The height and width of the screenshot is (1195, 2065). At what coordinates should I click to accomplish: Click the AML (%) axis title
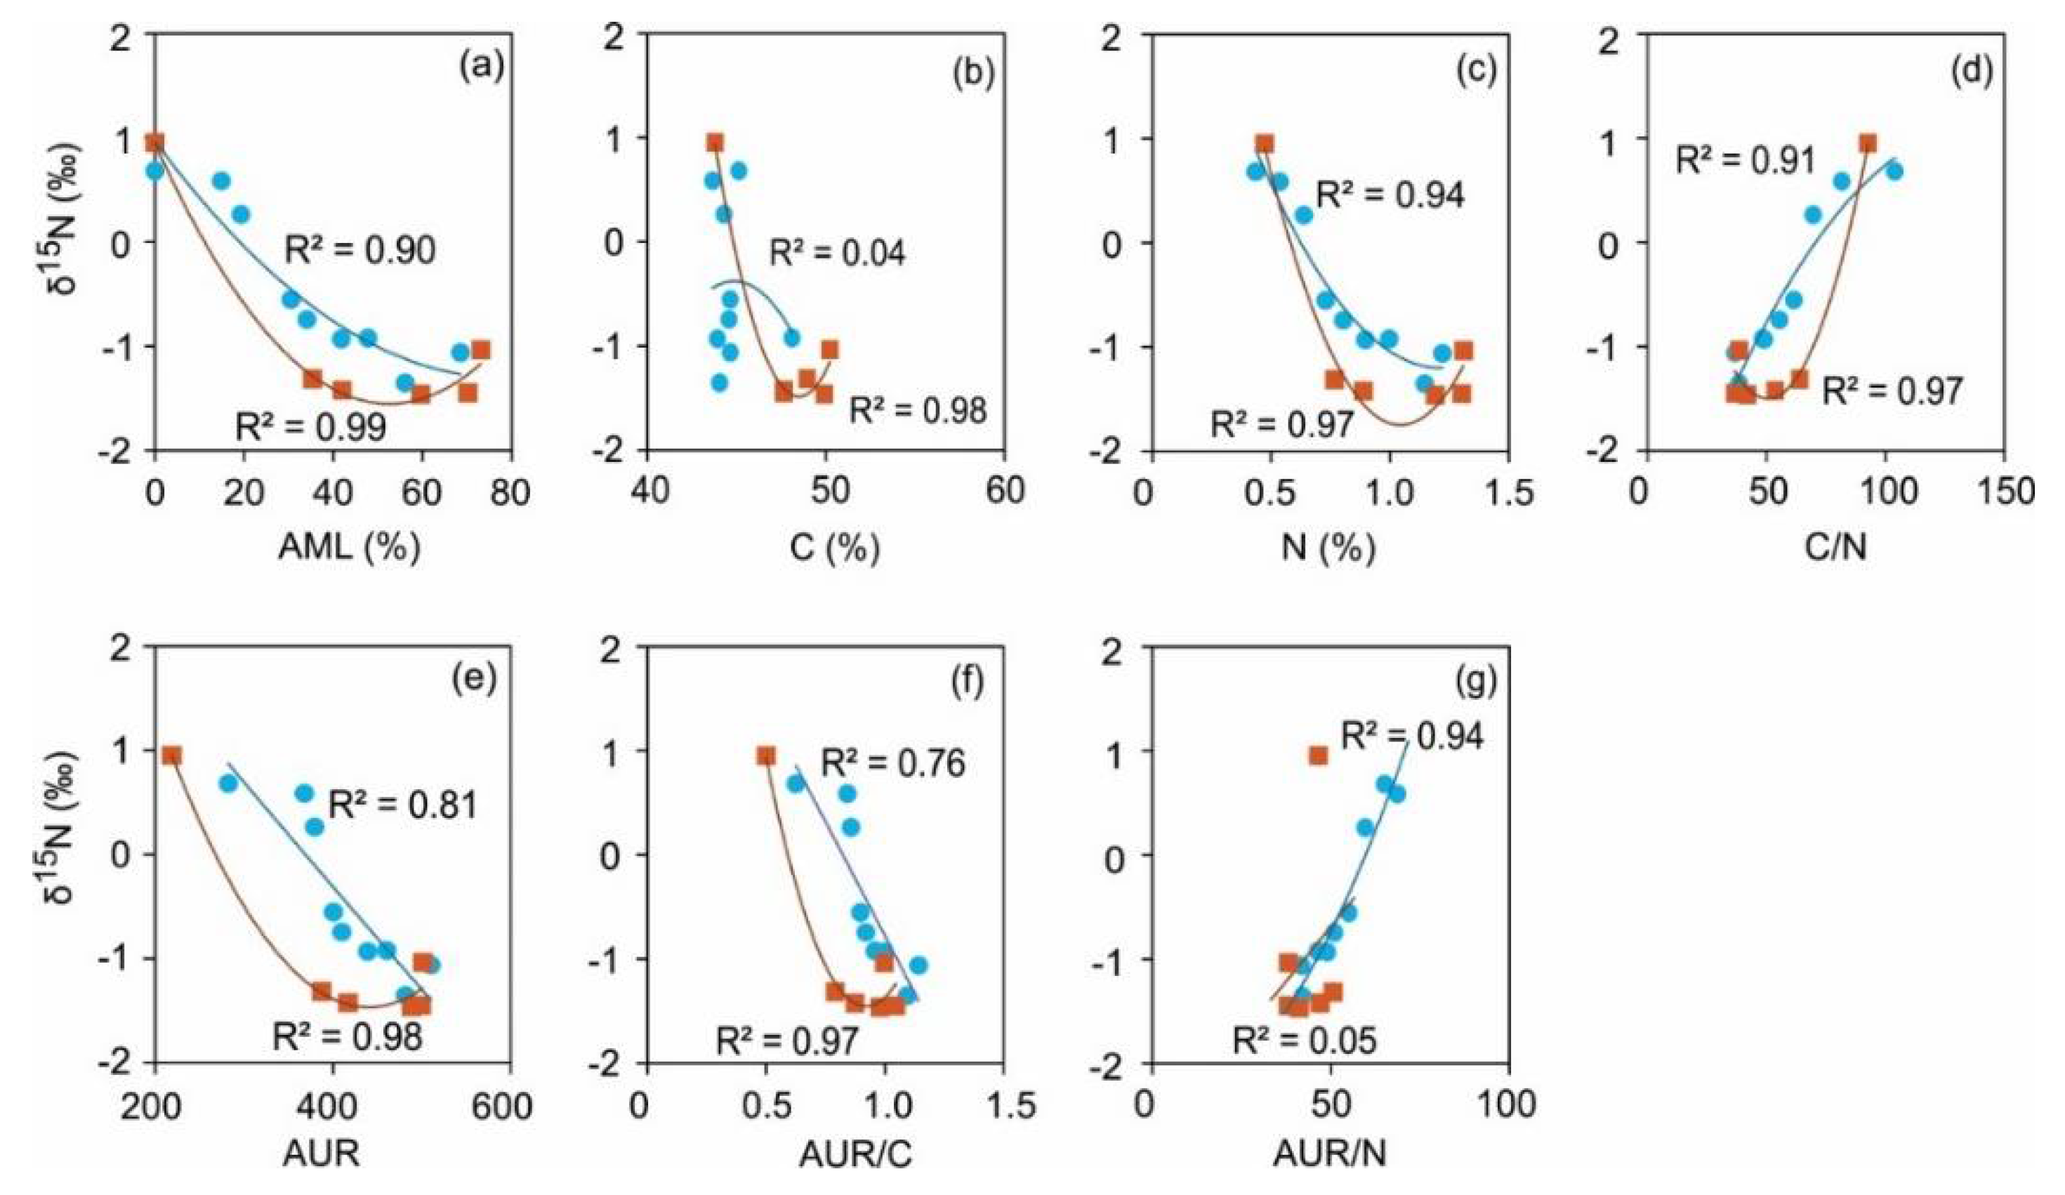(x=349, y=547)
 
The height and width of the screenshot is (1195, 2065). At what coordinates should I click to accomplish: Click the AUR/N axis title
(x=1329, y=1155)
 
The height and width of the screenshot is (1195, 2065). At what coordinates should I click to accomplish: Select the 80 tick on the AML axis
(x=511, y=491)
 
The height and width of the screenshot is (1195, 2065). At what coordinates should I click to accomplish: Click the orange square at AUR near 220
(x=171, y=755)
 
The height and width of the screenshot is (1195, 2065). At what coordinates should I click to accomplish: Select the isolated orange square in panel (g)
(x=1318, y=755)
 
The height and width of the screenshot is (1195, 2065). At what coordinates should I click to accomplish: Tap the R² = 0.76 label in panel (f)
(x=893, y=762)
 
